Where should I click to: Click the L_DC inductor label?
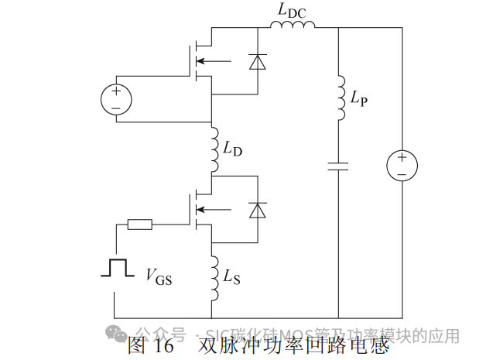pyautogui.click(x=291, y=10)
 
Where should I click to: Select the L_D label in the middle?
pyautogui.click(x=232, y=150)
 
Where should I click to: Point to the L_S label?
pyautogui.click(x=231, y=276)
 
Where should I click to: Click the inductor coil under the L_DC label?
pyautogui.click(x=293, y=27)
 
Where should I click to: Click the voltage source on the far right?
pyautogui.click(x=402, y=166)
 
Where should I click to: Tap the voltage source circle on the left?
pyautogui.click(x=116, y=99)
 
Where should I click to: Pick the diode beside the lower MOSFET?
pyautogui.click(x=258, y=209)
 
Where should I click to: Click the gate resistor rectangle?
pyautogui.click(x=139, y=225)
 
